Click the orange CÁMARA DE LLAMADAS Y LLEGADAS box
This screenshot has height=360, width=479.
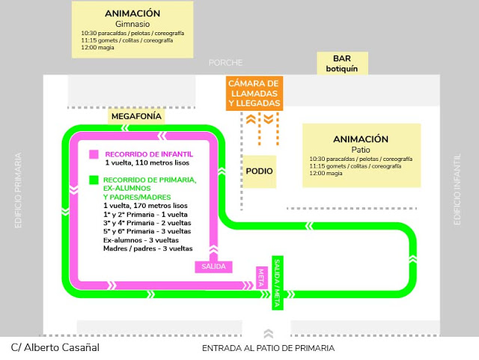pos(254,94)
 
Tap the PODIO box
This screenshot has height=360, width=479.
pos(259,171)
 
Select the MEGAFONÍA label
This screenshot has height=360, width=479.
pos(136,117)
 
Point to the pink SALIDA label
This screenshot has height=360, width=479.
pos(213,266)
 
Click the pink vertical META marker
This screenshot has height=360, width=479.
pos(262,277)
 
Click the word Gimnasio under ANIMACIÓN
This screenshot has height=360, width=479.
pos(133,24)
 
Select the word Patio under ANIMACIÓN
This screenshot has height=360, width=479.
pos(361,150)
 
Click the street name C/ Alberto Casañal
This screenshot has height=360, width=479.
pos(55,348)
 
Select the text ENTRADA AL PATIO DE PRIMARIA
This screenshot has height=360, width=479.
pos(268,349)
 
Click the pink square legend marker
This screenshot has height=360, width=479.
pos(94,155)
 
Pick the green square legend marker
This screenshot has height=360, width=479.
pos(94,180)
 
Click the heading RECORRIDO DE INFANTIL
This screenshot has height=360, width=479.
pos(148,154)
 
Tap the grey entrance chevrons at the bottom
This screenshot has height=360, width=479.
pos(269,333)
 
